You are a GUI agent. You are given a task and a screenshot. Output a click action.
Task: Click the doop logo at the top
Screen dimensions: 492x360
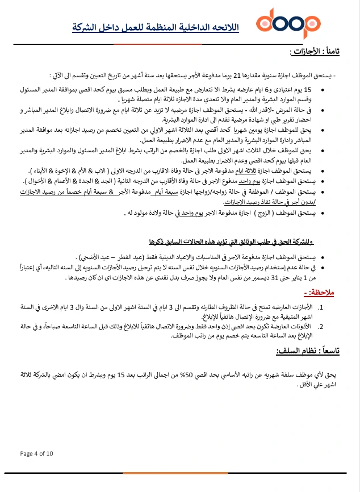coord(288,23)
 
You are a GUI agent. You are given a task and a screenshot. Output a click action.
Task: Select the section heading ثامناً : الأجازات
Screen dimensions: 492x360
coord(316,52)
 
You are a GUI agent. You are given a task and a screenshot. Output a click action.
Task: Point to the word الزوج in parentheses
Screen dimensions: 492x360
coord(263,212)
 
